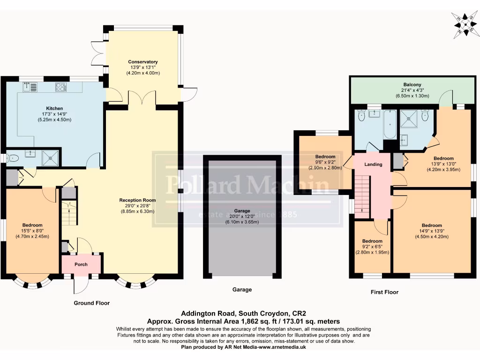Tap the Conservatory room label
click(143, 62)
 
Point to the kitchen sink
click(30, 86)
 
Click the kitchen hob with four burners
click(61, 86)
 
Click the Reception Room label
click(137, 200)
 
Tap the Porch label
click(81, 264)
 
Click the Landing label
click(373, 165)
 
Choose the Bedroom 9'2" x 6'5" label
click(372, 241)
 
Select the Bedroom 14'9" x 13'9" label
click(431, 225)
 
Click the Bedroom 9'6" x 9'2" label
click(325, 157)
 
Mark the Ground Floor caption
click(91, 303)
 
